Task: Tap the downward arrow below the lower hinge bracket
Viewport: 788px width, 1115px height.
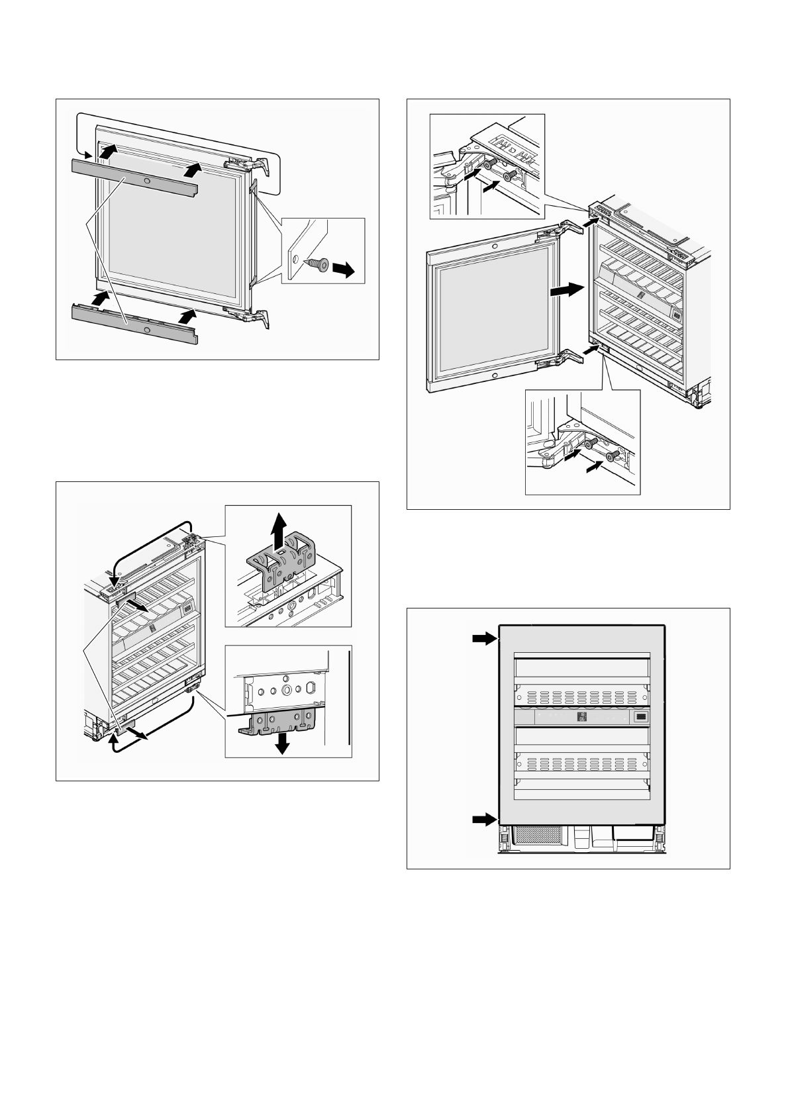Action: [283, 744]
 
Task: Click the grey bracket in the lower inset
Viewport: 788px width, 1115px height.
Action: [277, 721]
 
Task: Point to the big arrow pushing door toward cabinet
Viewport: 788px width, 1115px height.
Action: [566, 289]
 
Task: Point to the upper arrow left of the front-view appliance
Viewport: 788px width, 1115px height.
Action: [484, 638]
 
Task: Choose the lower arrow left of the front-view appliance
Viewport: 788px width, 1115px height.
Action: [484, 820]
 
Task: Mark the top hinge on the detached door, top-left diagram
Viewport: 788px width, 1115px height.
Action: [248, 165]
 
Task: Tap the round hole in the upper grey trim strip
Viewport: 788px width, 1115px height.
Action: [146, 181]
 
